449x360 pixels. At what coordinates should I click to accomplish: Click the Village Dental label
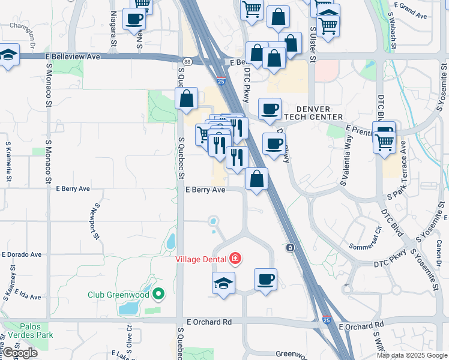click(200, 259)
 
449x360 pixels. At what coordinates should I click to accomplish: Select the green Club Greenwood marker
click(158, 294)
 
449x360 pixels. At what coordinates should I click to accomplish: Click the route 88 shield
click(187, 61)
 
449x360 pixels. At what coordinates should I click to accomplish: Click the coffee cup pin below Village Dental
click(265, 280)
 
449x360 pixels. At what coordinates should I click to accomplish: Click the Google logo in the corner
click(20, 352)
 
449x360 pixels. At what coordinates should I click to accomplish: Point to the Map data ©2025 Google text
click(411, 355)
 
